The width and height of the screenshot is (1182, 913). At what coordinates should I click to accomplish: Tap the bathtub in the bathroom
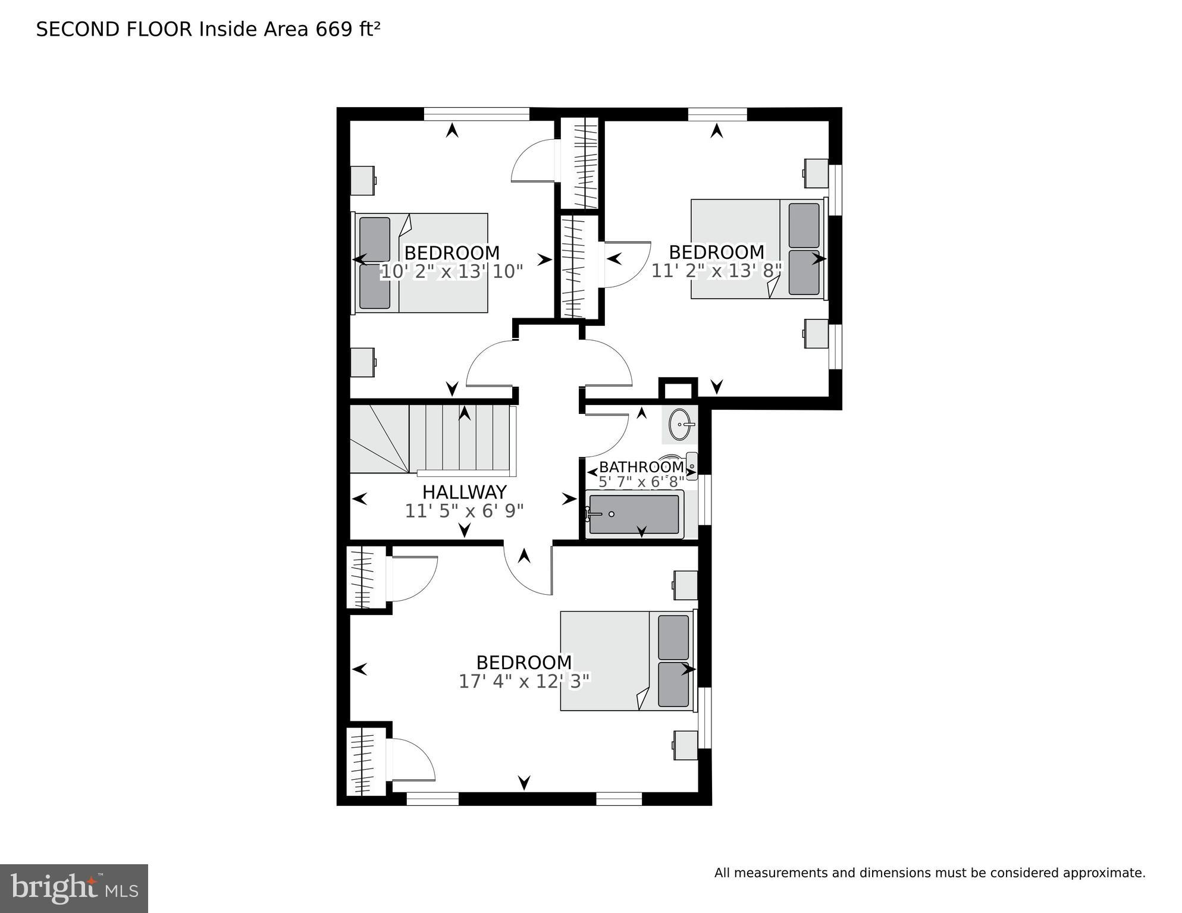[x=634, y=514]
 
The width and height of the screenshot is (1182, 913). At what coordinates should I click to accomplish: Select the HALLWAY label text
[x=464, y=492]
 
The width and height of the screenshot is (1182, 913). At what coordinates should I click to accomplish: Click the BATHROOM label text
[x=641, y=467]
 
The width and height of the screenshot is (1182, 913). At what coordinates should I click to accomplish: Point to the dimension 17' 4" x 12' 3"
[x=523, y=682]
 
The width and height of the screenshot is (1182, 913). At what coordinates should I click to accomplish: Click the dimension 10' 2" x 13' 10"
[x=451, y=272]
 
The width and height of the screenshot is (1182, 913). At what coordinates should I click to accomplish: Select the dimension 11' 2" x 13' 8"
[x=716, y=271]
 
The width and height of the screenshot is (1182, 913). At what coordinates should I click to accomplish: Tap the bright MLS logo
[x=74, y=889]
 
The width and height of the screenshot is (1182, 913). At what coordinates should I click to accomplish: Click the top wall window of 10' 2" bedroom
[x=476, y=114]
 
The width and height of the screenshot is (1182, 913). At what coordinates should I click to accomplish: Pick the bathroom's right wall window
[x=705, y=500]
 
